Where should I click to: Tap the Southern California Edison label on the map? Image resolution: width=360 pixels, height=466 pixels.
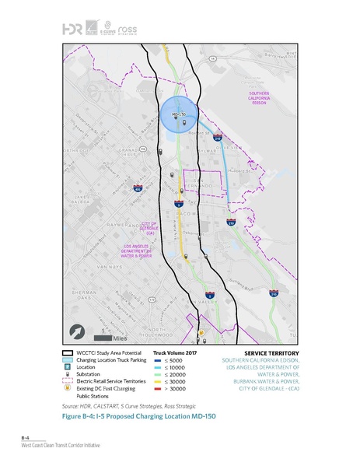point(259,99)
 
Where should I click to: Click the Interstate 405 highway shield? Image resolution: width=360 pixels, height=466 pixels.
point(138,188)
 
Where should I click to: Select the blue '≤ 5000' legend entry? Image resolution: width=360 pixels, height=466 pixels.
point(168,361)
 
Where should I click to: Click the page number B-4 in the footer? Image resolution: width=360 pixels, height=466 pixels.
point(26,441)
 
